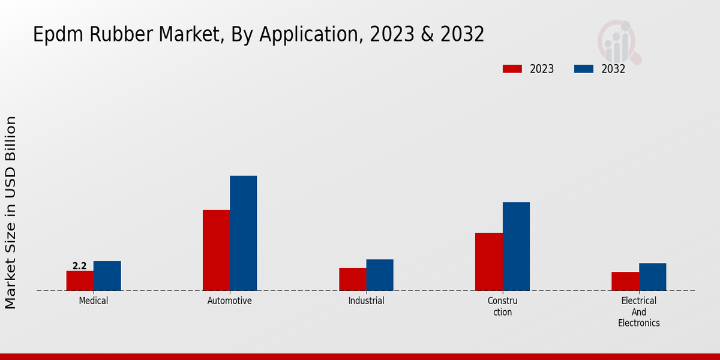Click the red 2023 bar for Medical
[80, 281]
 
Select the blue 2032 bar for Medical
[107, 276]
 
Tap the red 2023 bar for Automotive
[216, 250]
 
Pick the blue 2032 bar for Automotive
[243, 233]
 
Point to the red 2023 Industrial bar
[352, 280]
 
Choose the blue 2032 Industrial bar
[380, 275]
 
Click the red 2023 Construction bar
[488, 262]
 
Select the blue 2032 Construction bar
[516, 247]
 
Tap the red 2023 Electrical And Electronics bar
[625, 281]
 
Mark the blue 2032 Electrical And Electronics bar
[652, 277]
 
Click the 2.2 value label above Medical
[79, 266]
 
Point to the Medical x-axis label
[94, 301]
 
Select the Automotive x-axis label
[230, 301]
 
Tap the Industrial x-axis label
[366, 301]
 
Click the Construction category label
[502, 306]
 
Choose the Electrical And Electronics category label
[639, 311]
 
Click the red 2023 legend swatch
[512, 69]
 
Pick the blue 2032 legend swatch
[583, 69]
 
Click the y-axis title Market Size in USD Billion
[11, 213]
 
